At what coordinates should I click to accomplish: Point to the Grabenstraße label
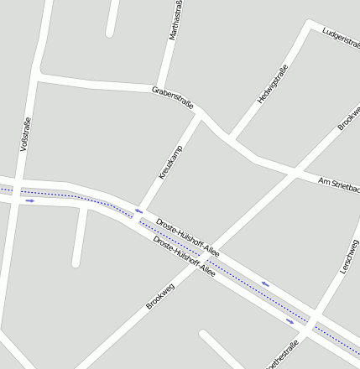coord(173,96)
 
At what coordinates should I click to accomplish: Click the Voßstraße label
coord(25,134)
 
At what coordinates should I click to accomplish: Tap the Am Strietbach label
coord(339,186)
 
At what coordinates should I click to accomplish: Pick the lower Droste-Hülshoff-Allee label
coord(184,257)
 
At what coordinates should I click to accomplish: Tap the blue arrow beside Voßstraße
coord(29,200)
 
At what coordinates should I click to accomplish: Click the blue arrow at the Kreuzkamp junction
coord(138,211)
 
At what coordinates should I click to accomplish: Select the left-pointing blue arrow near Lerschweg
coord(265,283)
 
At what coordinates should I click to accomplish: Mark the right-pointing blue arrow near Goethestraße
coord(290,320)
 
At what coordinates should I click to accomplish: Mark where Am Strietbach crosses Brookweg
coord(295,174)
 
